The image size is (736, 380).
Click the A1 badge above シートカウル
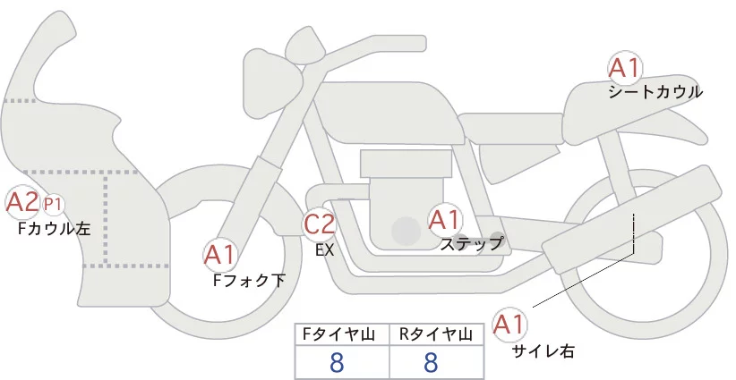(x=624, y=68)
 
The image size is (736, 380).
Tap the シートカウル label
(x=655, y=91)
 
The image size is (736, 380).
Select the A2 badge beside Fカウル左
(x=22, y=202)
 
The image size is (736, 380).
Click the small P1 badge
(x=54, y=204)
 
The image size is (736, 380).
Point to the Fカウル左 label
(x=55, y=228)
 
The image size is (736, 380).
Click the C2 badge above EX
(x=320, y=224)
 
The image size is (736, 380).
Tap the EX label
(x=324, y=250)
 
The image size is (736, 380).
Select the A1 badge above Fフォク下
(x=220, y=256)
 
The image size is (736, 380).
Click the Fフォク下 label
(x=249, y=281)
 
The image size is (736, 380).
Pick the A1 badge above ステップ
(x=444, y=218)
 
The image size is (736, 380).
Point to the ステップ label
(x=471, y=242)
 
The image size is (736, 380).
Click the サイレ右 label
(x=543, y=351)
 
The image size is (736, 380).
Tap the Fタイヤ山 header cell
(x=341, y=334)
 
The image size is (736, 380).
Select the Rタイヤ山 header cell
(x=435, y=334)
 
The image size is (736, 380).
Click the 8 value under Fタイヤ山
(x=337, y=363)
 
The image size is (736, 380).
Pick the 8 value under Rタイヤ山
(x=431, y=363)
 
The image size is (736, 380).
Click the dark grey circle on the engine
(x=406, y=231)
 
